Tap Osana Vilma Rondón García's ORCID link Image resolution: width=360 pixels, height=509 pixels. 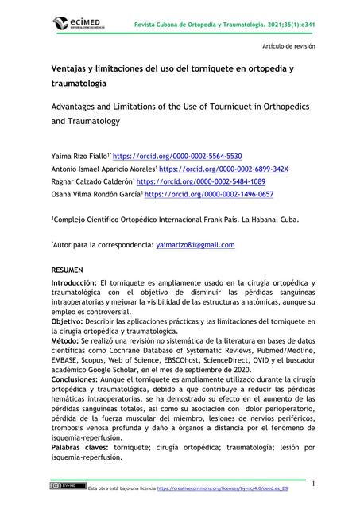(208, 194)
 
